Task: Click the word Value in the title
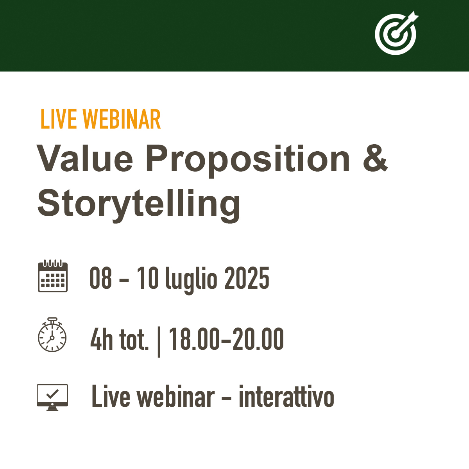[x=85, y=159]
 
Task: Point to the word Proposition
[x=248, y=159]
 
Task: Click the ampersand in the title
[x=375, y=159]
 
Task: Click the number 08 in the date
[x=101, y=278]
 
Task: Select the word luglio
[x=191, y=279]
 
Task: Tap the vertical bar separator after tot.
[x=159, y=342]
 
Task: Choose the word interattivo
[x=286, y=397]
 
